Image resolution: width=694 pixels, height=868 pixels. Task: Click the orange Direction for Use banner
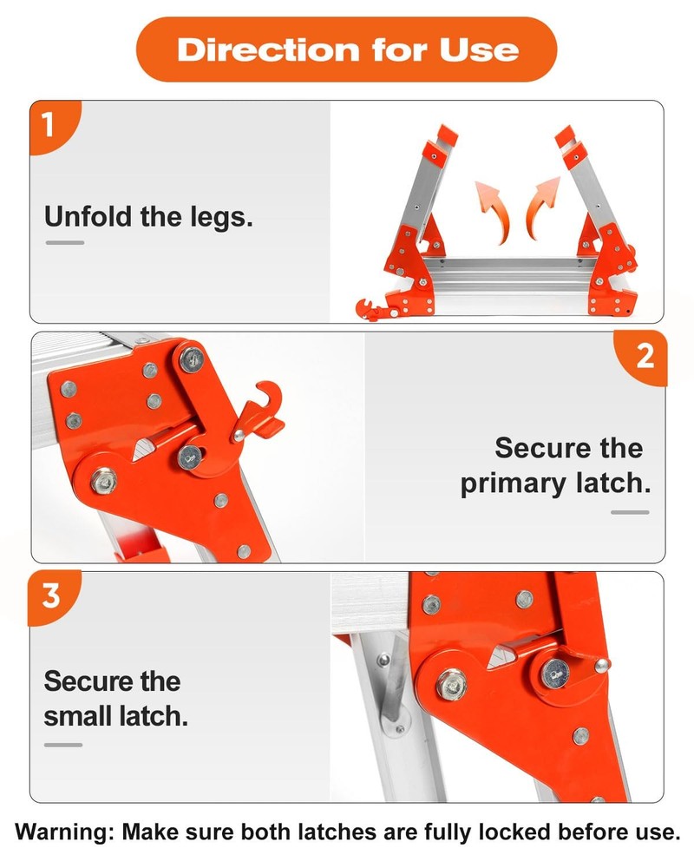click(346, 49)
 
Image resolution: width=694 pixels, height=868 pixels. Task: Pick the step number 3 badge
click(53, 597)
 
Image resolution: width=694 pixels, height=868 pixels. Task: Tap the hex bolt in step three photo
click(451, 684)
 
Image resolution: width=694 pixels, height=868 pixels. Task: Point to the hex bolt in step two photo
click(104, 481)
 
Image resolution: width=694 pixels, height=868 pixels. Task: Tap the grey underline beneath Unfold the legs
click(65, 242)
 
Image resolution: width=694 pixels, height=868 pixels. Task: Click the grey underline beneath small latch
click(63, 745)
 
